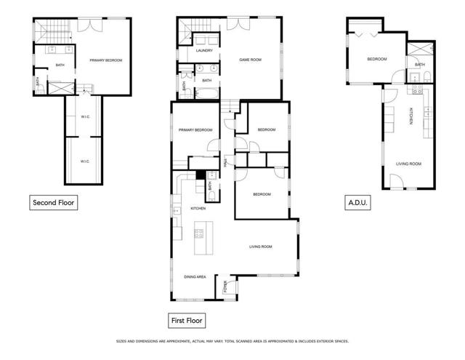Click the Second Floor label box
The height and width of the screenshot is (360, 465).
point(53,203)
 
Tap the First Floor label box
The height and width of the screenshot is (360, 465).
point(187,321)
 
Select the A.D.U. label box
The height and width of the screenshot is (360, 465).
point(357,203)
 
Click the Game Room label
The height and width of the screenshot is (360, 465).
point(250,60)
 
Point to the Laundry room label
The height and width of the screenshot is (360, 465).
point(204,50)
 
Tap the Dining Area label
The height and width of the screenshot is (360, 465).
point(195,277)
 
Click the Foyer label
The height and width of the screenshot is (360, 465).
point(225,287)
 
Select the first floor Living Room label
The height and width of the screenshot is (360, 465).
point(261,247)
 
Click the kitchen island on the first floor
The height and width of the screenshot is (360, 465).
point(203,238)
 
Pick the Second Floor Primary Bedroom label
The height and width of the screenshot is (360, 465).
point(106,60)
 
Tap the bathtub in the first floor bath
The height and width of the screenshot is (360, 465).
point(207,94)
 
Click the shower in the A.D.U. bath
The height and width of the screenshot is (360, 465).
point(420,49)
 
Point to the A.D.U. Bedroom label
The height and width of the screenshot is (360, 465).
point(377,59)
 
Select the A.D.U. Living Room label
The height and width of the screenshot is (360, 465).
point(408,164)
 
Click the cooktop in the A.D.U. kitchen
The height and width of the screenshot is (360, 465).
point(418,89)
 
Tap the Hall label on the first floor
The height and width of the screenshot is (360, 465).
point(225,163)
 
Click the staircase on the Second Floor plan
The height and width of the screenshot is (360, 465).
point(53,31)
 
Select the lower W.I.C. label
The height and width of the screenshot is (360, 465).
point(85,161)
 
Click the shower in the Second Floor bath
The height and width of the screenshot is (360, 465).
point(61,89)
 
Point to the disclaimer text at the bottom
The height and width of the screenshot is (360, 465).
point(232,341)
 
